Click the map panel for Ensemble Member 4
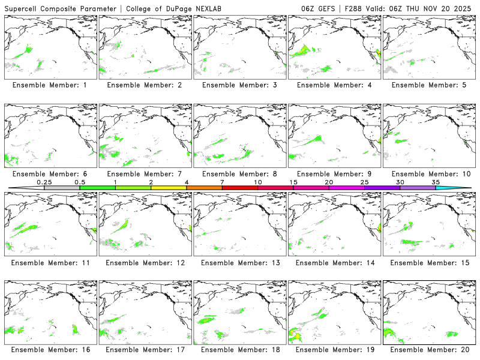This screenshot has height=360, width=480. (335, 47)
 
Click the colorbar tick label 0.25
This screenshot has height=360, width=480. (44, 182)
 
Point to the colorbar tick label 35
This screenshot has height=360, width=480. (436, 182)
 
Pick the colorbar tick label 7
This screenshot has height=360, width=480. (222, 182)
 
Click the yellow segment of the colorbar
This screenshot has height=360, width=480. (169, 188)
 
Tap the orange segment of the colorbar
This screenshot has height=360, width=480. (204, 188)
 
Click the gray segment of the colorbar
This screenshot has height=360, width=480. (62, 188)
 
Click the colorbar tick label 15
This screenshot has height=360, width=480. (293, 182)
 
